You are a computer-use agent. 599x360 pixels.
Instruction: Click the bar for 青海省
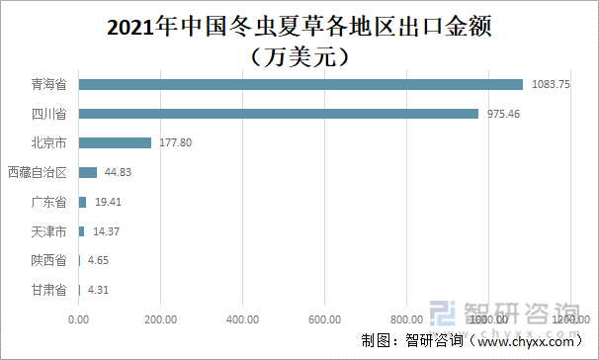300,84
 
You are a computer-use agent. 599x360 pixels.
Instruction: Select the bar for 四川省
278,114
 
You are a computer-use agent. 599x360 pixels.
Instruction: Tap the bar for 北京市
115,143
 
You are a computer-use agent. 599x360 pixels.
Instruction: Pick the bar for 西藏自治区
88,172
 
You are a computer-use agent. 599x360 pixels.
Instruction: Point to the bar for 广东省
82,202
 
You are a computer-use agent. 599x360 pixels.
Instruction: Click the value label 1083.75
551,84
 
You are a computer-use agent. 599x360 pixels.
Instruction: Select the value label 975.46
504,114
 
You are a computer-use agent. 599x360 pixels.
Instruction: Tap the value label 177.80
175,143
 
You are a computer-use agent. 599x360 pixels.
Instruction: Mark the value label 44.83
118,172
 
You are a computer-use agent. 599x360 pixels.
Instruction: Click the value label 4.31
99,291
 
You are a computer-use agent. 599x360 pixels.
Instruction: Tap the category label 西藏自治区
38,172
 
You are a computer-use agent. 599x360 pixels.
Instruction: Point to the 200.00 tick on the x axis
160,319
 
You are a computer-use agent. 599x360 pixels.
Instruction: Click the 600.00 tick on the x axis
324,319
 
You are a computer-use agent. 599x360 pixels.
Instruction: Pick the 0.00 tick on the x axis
79,319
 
